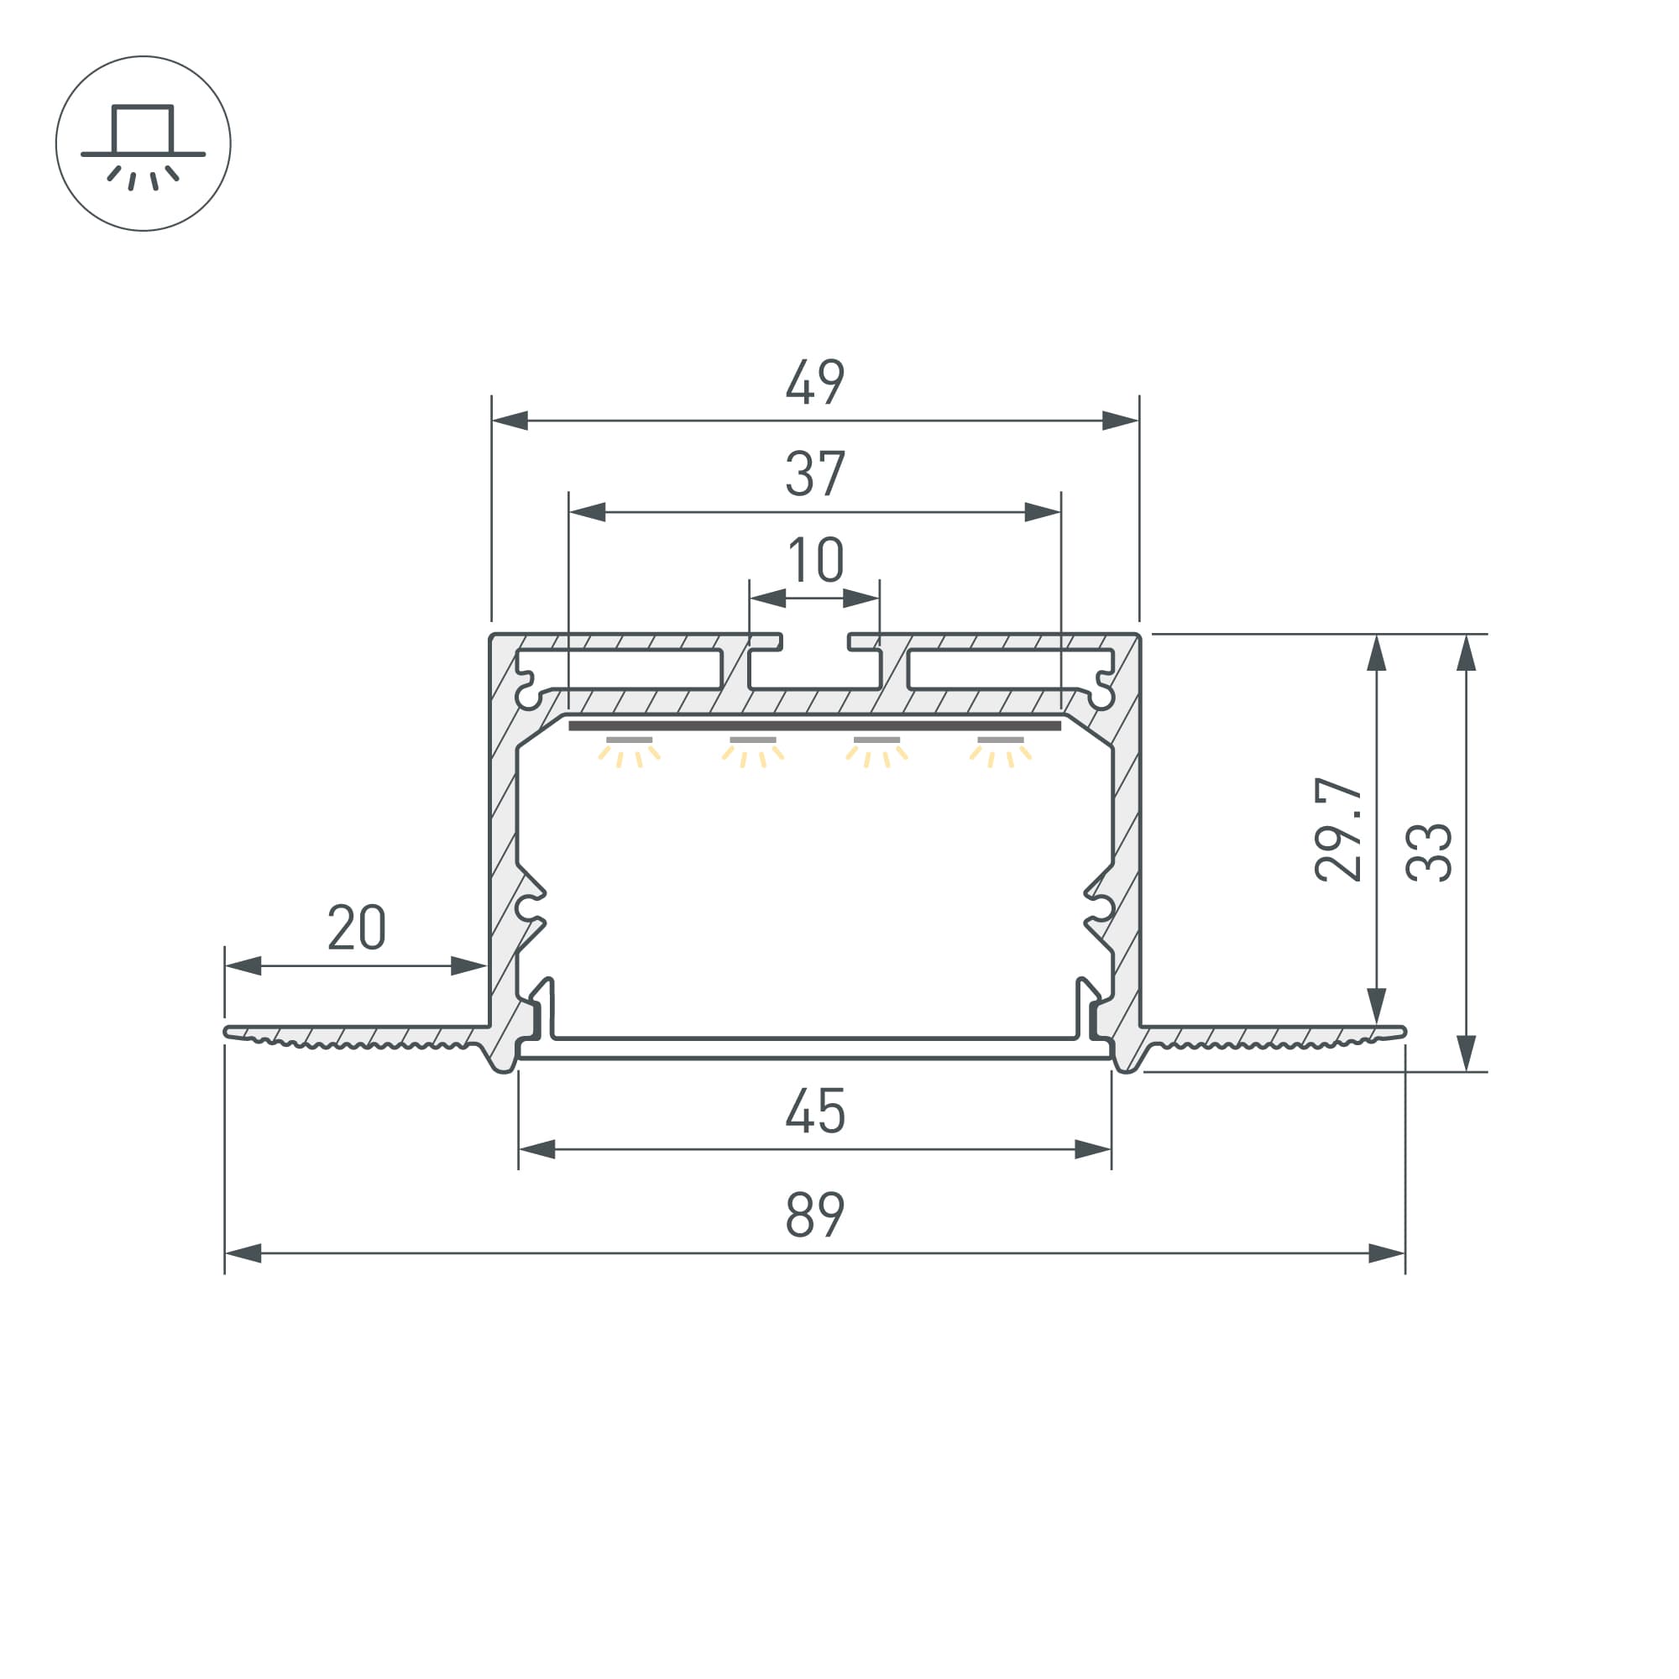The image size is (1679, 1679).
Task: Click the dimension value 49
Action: [814, 381]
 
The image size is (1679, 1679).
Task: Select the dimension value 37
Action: [814, 473]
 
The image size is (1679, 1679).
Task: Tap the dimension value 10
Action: [815, 560]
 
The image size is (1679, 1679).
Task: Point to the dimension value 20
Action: [356, 928]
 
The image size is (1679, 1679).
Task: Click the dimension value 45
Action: [814, 1111]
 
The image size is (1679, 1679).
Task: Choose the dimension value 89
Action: [814, 1214]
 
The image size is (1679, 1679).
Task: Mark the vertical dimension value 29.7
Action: [1338, 830]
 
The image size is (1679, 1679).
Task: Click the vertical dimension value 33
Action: [1429, 853]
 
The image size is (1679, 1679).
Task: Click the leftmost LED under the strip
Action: [629, 751]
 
